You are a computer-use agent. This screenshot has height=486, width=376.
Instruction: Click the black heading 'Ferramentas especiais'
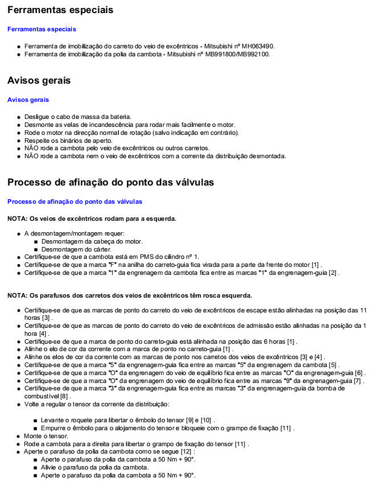(x=60, y=10)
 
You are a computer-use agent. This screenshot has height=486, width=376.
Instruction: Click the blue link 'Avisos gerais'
(x=28, y=100)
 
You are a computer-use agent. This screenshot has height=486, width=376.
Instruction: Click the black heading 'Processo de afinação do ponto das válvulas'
(x=111, y=183)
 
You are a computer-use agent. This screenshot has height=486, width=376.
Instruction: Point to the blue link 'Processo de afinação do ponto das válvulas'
(x=75, y=201)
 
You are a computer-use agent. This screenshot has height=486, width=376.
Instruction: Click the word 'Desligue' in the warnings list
(x=36, y=117)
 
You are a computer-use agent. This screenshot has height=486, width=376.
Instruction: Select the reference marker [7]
(x=358, y=381)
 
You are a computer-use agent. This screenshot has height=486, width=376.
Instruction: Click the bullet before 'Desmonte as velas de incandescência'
(x=19, y=125)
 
